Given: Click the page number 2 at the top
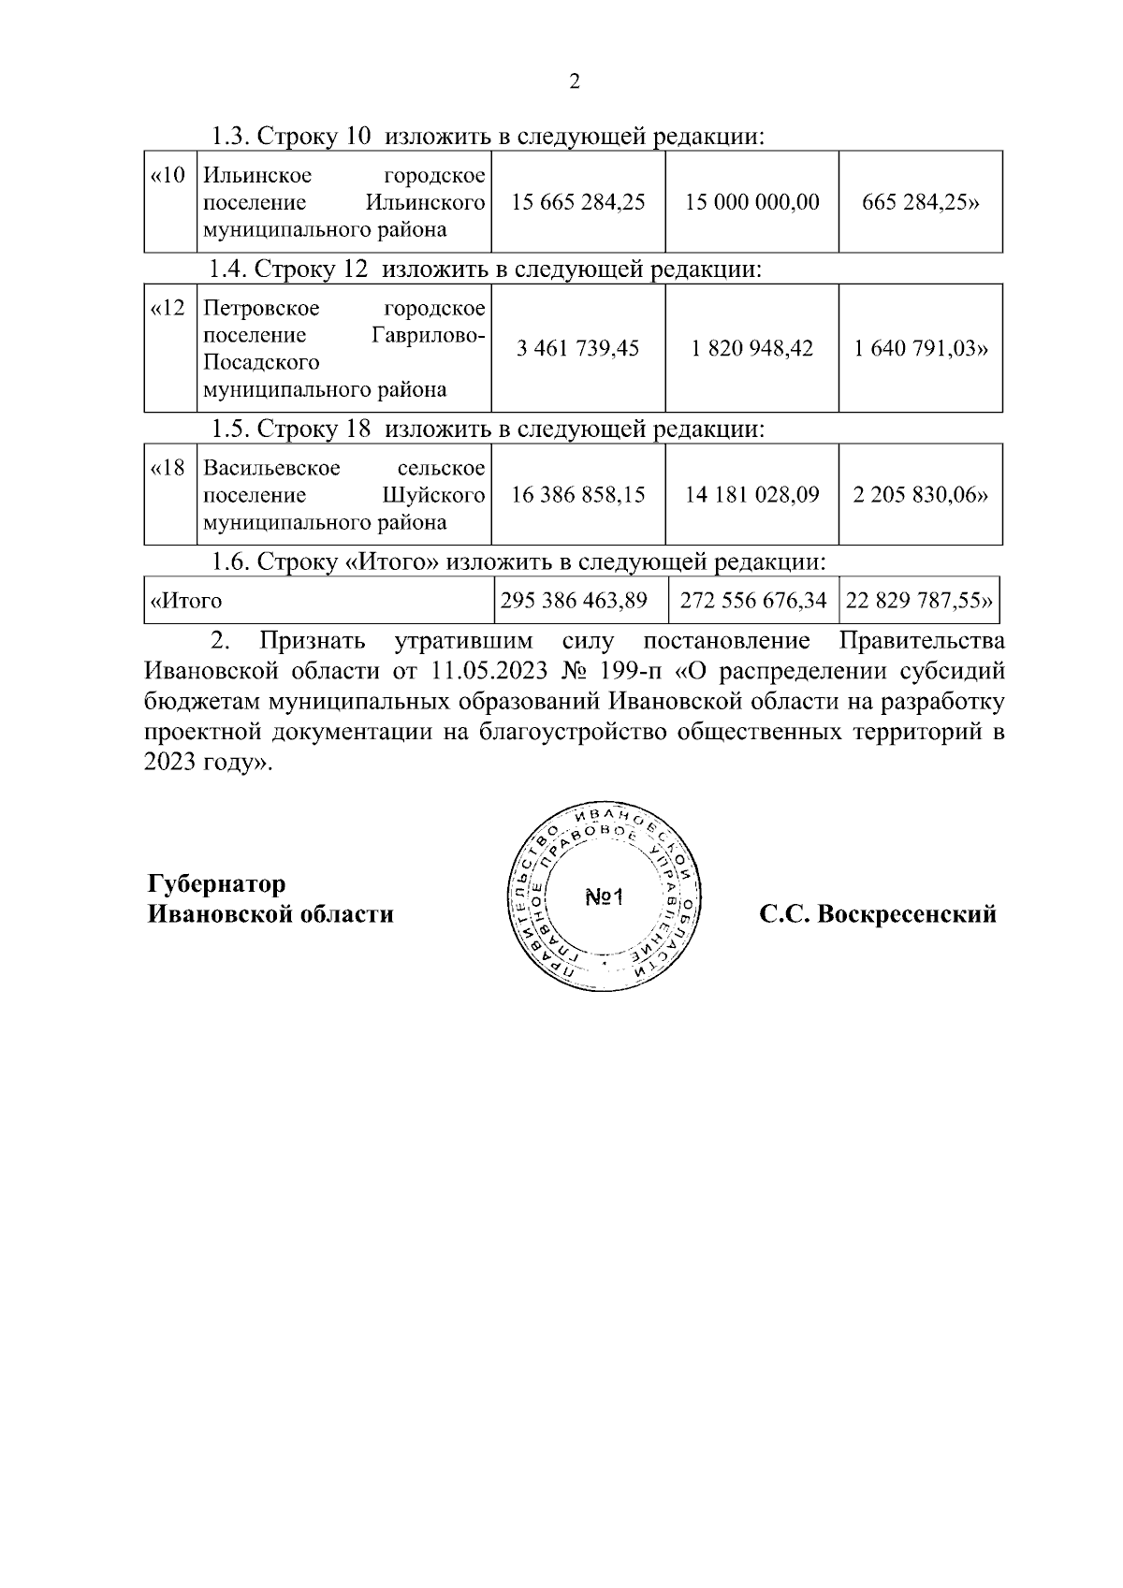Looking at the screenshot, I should pos(575,82).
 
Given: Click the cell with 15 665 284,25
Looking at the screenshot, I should pos(578,202).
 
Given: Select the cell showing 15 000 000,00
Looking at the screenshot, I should pos(751,202).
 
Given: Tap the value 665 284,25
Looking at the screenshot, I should pos(920,202).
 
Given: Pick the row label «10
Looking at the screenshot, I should pos(168,176).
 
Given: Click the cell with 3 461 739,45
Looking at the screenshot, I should pos(578,349).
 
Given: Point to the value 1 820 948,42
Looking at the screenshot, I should pos(751,349).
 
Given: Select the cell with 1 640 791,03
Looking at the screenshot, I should pos(921,349).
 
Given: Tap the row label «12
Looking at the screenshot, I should pos(168,309).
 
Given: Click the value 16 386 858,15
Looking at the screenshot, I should pos(578,495).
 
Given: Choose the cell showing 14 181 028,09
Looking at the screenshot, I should pos(751,495).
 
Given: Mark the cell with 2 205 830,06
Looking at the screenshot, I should pos(920,495).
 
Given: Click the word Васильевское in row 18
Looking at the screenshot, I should pos(271,468).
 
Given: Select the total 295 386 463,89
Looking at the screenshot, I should pos(574,601).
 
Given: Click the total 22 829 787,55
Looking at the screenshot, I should pos(918,601).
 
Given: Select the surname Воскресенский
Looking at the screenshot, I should pos(906,914).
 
